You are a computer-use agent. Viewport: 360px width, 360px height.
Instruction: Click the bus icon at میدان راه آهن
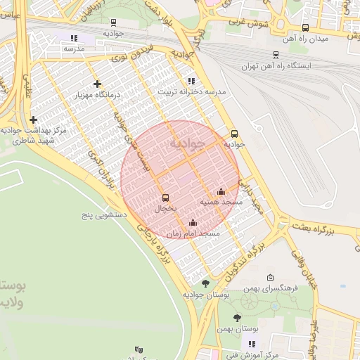(x=304, y=28)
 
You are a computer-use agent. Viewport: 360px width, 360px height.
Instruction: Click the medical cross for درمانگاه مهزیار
(x=97, y=84)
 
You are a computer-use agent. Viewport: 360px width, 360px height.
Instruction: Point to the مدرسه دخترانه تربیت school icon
(x=191, y=81)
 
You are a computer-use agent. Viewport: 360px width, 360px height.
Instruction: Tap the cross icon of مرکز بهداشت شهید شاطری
(x=33, y=120)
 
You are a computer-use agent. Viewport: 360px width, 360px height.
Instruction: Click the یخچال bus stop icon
(x=166, y=198)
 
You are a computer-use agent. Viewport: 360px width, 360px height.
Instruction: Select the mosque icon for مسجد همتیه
(x=221, y=191)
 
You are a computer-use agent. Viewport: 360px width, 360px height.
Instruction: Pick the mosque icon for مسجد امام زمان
(x=193, y=223)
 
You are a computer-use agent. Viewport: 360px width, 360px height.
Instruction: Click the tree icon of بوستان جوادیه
(x=205, y=283)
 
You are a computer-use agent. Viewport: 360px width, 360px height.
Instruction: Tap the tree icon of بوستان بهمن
(x=238, y=318)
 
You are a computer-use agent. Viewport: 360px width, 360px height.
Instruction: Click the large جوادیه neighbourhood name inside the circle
(x=186, y=143)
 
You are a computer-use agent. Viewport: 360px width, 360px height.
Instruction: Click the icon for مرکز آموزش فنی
(x=251, y=343)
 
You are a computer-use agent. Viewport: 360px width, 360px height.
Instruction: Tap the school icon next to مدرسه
(x=75, y=38)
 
